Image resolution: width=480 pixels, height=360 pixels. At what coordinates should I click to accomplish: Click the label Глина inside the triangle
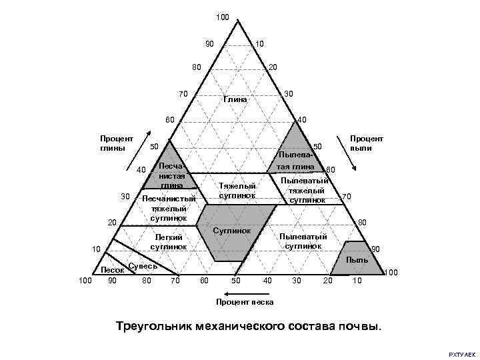[x=235, y=99]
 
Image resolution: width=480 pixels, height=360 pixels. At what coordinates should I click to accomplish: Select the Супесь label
[x=143, y=266]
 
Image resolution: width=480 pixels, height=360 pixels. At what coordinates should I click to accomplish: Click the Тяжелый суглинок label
[x=237, y=190]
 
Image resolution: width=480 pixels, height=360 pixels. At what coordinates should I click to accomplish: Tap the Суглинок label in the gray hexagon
[x=231, y=231]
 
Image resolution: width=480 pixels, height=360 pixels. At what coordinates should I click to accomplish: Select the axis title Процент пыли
[x=367, y=143]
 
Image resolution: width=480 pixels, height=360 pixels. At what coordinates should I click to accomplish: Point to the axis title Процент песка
[x=245, y=302]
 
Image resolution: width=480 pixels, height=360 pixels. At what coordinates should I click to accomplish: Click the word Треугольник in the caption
[x=156, y=327]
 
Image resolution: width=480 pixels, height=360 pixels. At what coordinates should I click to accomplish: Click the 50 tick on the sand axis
[x=235, y=281]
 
